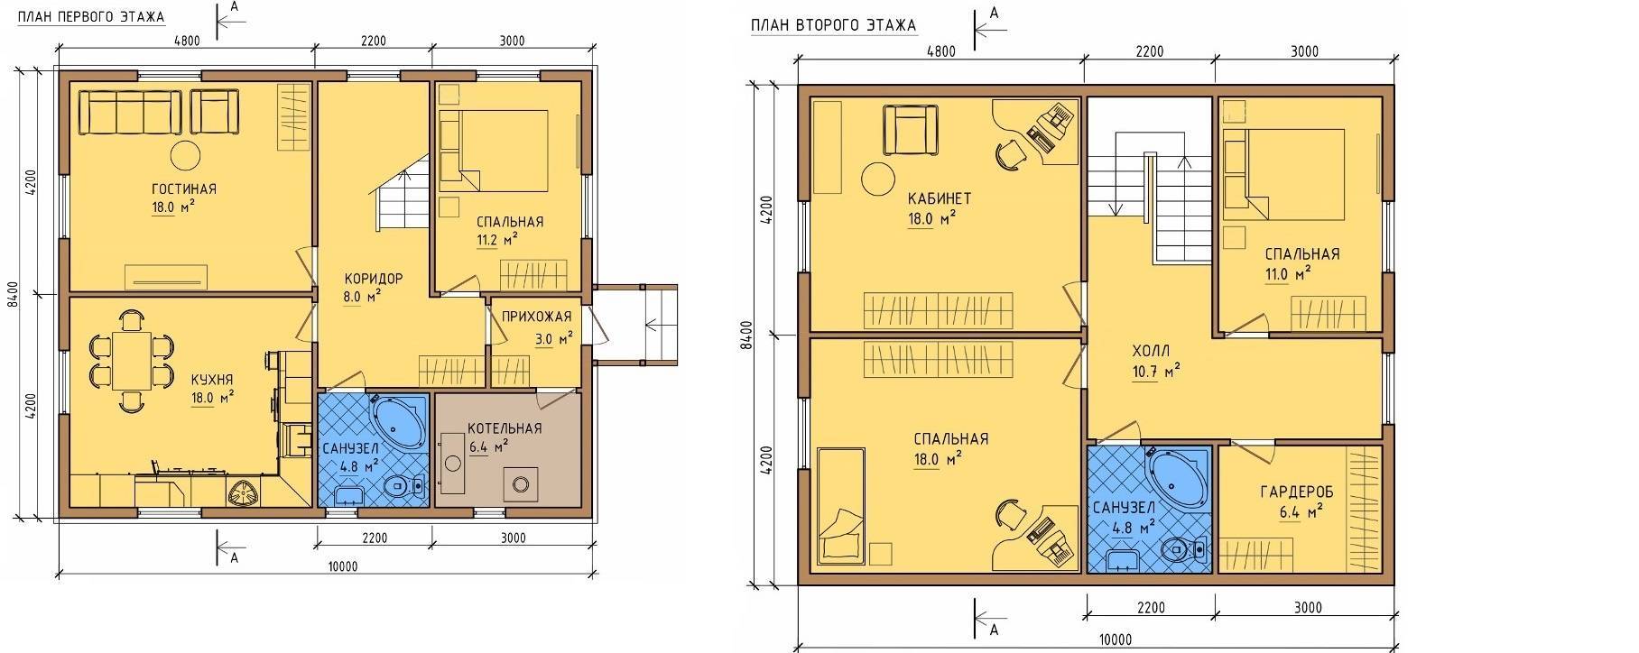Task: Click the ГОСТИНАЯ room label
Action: (184, 189)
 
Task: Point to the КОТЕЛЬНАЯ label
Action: (505, 428)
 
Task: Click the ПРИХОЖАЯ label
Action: (536, 317)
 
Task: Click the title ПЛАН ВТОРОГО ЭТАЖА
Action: (833, 25)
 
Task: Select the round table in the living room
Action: (186, 155)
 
